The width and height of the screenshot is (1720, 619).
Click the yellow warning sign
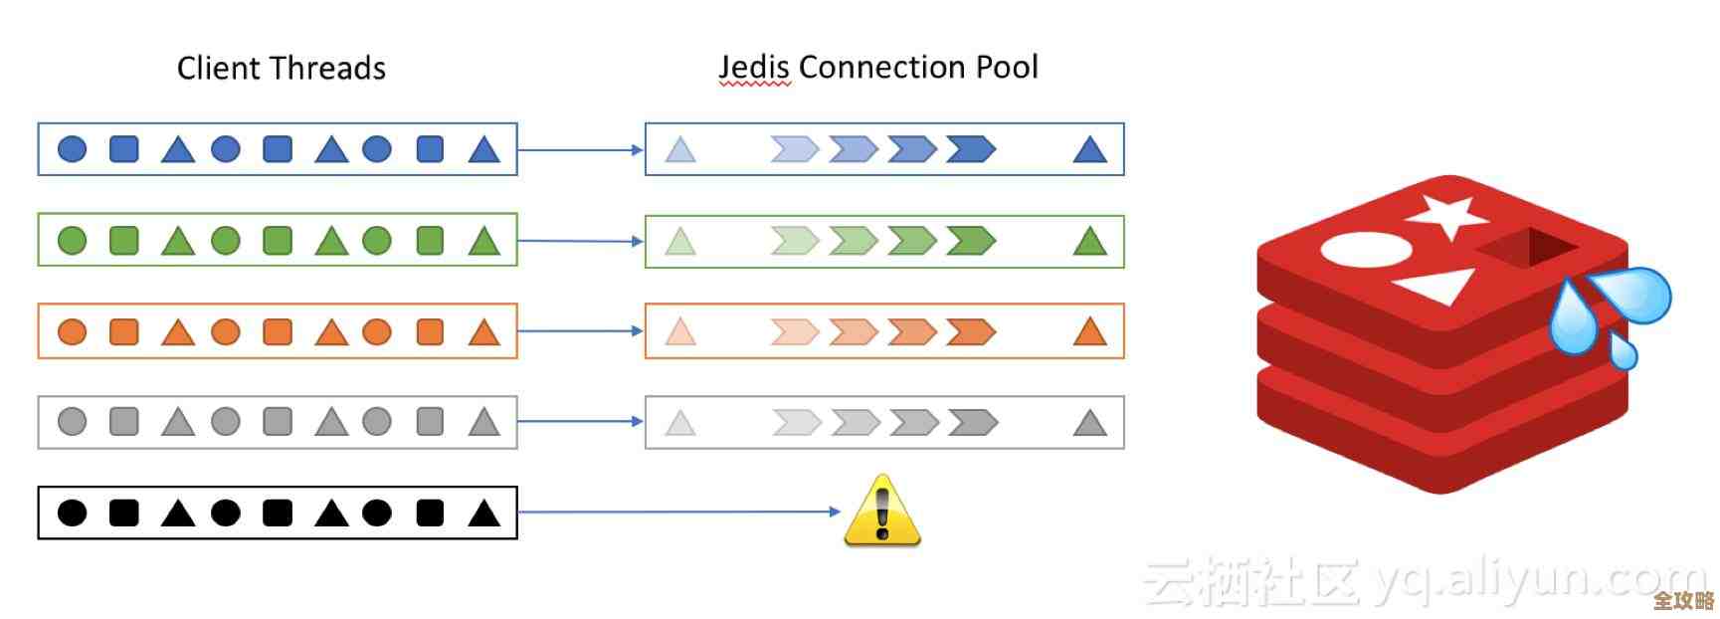click(x=882, y=512)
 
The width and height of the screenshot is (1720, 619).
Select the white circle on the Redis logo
click(x=1365, y=250)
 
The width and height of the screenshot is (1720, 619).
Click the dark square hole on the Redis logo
click(x=1527, y=248)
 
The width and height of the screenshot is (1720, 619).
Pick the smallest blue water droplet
click(x=1623, y=350)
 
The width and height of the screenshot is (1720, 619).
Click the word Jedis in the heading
click(x=754, y=67)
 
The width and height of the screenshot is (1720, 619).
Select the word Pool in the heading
click(x=1006, y=67)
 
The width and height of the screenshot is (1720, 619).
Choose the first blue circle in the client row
click(x=73, y=149)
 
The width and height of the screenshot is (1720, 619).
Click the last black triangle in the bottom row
click(x=483, y=513)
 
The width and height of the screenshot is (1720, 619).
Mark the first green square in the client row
click(x=124, y=241)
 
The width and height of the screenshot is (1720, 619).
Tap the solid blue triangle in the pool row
click(x=1090, y=150)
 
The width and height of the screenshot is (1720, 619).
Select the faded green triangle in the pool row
click(x=679, y=242)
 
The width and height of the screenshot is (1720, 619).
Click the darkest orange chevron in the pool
click(x=971, y=331)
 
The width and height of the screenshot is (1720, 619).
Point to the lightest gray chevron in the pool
click(x=796, y=423)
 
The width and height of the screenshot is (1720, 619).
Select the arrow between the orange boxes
click(x=581, y=330)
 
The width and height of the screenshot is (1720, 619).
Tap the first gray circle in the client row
click(x=73, y=422)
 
